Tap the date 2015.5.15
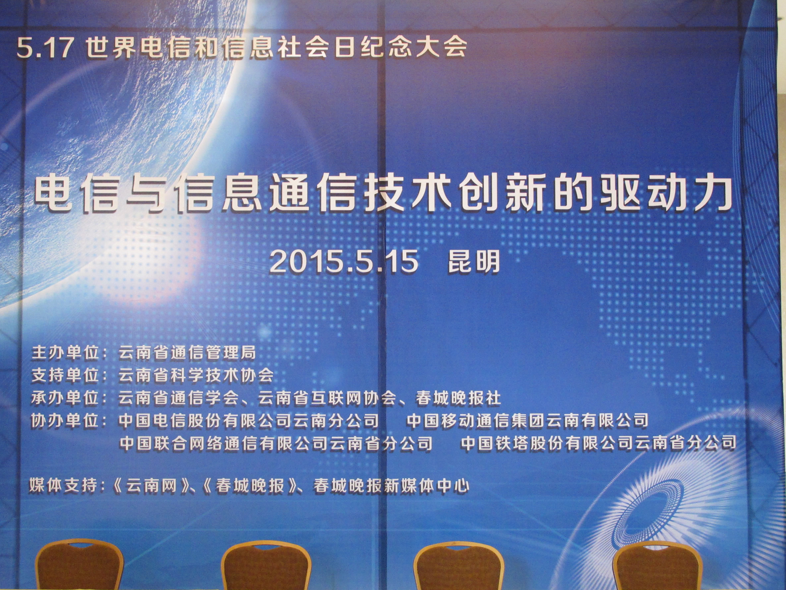(x=344, y=262)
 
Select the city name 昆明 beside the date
(x=474, y=261)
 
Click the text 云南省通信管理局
(x=187, y=353)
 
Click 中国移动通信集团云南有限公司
(x=527, y=420)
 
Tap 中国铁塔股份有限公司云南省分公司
(x=598, y=443)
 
